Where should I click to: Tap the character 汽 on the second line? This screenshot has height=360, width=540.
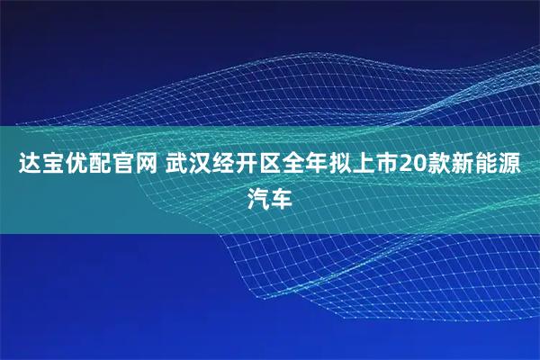coord(257,196)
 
